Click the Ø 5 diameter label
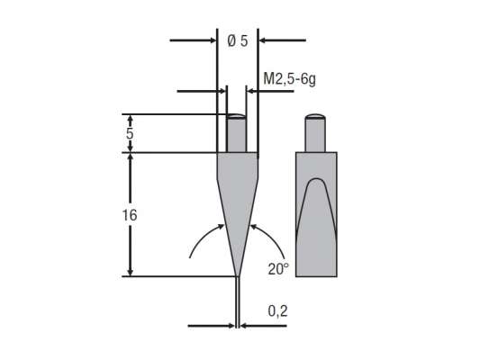coord(238,40)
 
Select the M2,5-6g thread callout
coord(289,79)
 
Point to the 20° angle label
coord(278,268)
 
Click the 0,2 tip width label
coord(277,310)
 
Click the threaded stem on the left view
coord(237,135)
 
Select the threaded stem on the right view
coord(316,135)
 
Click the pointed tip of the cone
coord(237,274)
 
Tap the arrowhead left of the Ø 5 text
coord(209,40)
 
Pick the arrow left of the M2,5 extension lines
coord(203,91)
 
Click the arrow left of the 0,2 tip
coord(213,326)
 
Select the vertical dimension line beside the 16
coord(131,215)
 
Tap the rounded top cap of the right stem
coord(316,116)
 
